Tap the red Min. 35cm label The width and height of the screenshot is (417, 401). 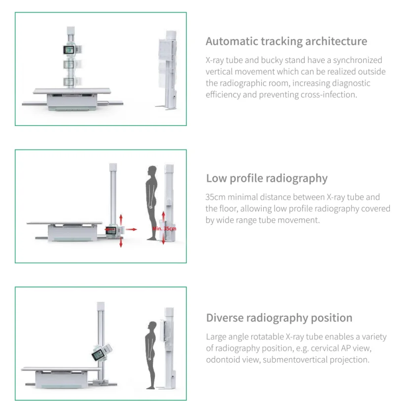tap(164, 229)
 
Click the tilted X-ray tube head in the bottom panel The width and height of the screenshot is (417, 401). tap(100, 354)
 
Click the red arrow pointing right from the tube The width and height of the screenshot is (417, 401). tap(131, 229)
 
